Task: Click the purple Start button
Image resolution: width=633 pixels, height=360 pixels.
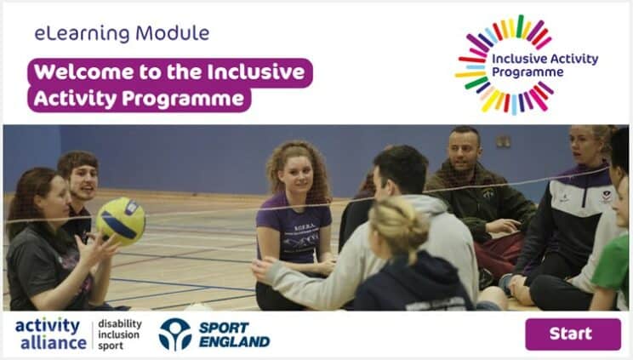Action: [x=573, y=334]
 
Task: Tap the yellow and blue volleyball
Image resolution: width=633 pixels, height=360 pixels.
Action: [x=121, y=220]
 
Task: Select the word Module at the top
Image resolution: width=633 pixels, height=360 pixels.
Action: [x=173, y=33]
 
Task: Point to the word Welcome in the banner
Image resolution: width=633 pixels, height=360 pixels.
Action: [x=83, y=72]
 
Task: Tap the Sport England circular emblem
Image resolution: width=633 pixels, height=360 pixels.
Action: [x=174, y=334]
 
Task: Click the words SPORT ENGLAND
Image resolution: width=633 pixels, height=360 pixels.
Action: [x=235, y=334]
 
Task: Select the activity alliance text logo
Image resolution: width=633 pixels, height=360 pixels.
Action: [x=51, y=334]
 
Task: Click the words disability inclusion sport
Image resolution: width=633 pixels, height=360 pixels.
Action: [x=120, y=334]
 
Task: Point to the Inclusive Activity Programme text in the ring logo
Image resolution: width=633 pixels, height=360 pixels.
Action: [x=545, y=65]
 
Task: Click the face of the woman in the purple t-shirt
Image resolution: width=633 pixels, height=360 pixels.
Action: [x=297, y=174]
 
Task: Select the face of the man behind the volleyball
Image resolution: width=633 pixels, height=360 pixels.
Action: [x=84, y=181]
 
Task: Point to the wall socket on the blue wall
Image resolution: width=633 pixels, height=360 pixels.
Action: [x=503, y=141]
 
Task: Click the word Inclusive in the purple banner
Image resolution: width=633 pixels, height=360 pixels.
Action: [x=256, y=72]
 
